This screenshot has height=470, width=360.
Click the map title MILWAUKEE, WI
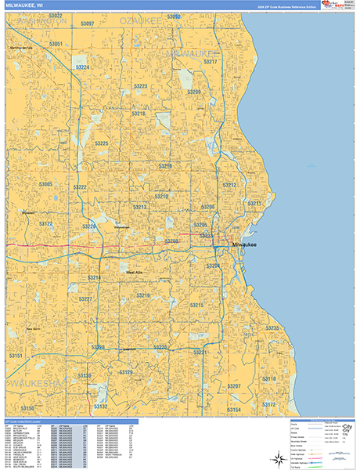point(23,5)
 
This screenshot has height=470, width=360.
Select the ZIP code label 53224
point(83,67)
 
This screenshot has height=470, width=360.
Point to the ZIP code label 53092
point(172,17)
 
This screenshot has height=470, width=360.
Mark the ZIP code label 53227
point(86,300)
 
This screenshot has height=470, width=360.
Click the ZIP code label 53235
point(272,328)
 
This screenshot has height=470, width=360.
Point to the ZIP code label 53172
point(269,404)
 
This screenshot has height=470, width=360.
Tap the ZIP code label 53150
point(27,409)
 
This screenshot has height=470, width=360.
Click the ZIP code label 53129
point(125,373)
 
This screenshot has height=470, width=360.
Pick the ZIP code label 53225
point(102,144)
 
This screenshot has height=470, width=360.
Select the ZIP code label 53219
point(142,295)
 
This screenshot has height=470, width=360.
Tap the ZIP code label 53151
point(16,356)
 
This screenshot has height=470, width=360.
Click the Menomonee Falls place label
point(21,48)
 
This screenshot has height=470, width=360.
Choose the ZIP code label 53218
point(139,114)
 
